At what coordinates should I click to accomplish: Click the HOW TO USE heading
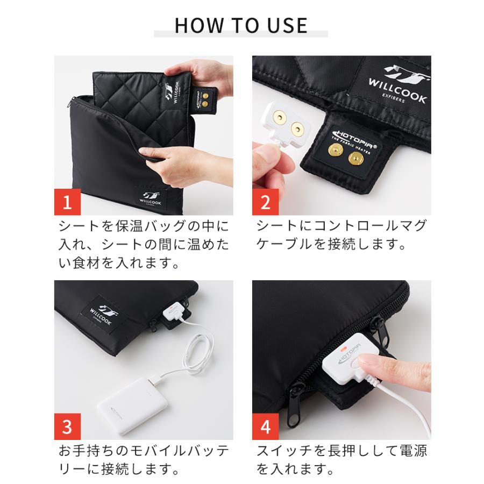(x=241, y=25)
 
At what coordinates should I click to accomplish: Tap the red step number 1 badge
(x=67, y=202)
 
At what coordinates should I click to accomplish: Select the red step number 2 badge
(x=266, y=202)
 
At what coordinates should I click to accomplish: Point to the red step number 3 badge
(x=67, y=426)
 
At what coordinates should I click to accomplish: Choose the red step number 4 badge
(x=266, y=426)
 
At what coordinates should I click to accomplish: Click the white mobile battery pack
(x=133, y=405)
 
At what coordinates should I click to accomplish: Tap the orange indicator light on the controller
(x=343, y=350)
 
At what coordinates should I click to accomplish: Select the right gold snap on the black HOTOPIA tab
(x=356, y=159)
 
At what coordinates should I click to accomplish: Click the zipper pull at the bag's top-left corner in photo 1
(x=72, y=102)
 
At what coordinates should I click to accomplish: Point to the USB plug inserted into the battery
(x=155, y=381)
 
